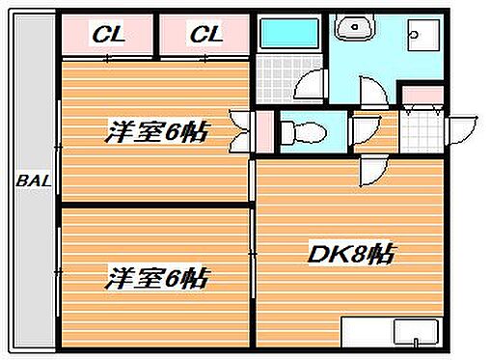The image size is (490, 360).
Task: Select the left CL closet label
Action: (x=108, y=36)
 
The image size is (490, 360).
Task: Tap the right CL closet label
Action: (x=204, y=36)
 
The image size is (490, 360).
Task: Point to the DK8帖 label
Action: (x=351, y=257)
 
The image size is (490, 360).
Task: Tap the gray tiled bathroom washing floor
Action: (x=278, y=77)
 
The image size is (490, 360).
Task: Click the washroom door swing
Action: (x=381, y=92)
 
